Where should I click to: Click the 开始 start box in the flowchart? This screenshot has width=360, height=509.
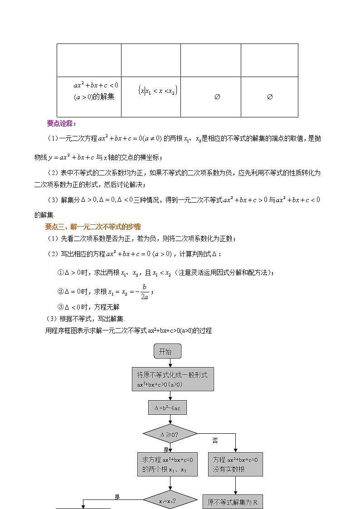pos(168,351)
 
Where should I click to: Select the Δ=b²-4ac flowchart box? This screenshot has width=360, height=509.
pos(167,407)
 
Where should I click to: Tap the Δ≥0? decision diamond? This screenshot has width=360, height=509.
pos(170,434)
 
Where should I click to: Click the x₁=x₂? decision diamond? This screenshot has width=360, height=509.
pos(170,501)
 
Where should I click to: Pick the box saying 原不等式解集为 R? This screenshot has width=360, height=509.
pos(233,502)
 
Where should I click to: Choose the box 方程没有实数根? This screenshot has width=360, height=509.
pos(235,464)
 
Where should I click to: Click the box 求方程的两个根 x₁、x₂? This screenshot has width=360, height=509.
pos(167,464)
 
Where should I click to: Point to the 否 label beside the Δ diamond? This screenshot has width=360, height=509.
pos(215,440)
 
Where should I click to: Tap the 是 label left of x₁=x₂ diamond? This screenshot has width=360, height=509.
pos(117,497)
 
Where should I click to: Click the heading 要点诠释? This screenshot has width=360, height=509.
pos(61,123)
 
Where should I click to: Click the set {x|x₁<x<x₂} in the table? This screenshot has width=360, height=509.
pos(157,91)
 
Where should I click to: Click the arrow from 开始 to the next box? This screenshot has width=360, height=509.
pos(170,362)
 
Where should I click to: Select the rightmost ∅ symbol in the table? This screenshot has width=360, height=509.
pos(269,97)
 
